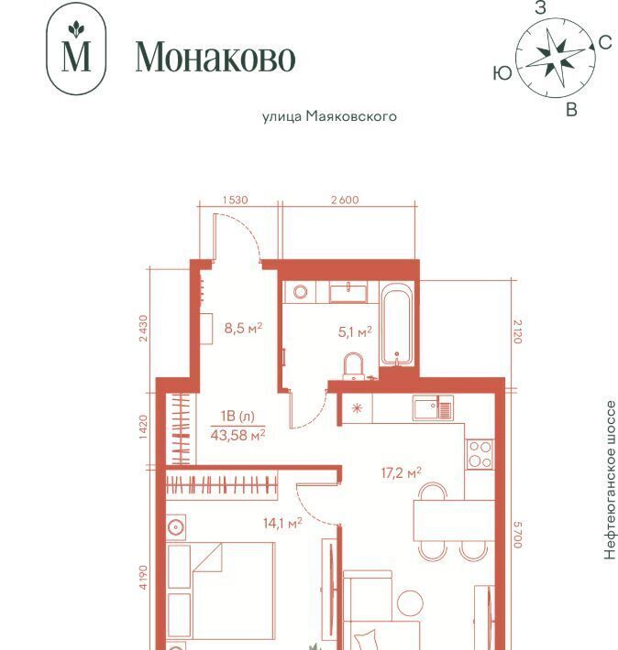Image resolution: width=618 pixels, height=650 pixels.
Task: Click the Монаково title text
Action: point(215,57)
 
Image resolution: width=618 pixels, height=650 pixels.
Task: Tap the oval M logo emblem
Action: point(76,49)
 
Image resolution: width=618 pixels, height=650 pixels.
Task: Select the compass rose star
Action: point(555,57)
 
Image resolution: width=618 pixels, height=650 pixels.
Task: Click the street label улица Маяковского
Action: point(329,116)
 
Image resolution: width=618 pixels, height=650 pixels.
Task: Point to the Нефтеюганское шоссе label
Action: point(610,480)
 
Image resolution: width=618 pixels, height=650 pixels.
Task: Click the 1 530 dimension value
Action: point(236,200)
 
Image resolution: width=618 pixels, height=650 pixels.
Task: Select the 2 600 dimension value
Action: point(345,200)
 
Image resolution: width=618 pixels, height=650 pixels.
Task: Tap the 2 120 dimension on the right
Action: point(517,331)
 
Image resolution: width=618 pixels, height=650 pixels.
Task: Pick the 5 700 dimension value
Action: point(517,535)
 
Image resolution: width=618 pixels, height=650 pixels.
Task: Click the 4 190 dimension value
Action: point(143,577)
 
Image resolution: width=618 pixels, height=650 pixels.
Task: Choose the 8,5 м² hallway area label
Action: point(243,329)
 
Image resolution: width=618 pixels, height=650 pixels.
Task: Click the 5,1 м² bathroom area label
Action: point(355,331)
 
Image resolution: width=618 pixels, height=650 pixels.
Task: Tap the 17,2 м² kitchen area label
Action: point(402,472)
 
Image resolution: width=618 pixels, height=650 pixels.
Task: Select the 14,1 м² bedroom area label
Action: point(282,523)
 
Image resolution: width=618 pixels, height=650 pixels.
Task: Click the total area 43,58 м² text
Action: point(238,435)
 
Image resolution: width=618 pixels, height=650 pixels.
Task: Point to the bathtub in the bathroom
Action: point(397,324)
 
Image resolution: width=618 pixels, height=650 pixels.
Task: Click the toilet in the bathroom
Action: point(353,366)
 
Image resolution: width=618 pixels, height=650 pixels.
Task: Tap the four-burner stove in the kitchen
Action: point(480,454)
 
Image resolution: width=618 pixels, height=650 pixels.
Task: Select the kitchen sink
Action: point(433,407)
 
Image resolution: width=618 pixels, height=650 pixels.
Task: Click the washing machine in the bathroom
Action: point(300,292)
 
